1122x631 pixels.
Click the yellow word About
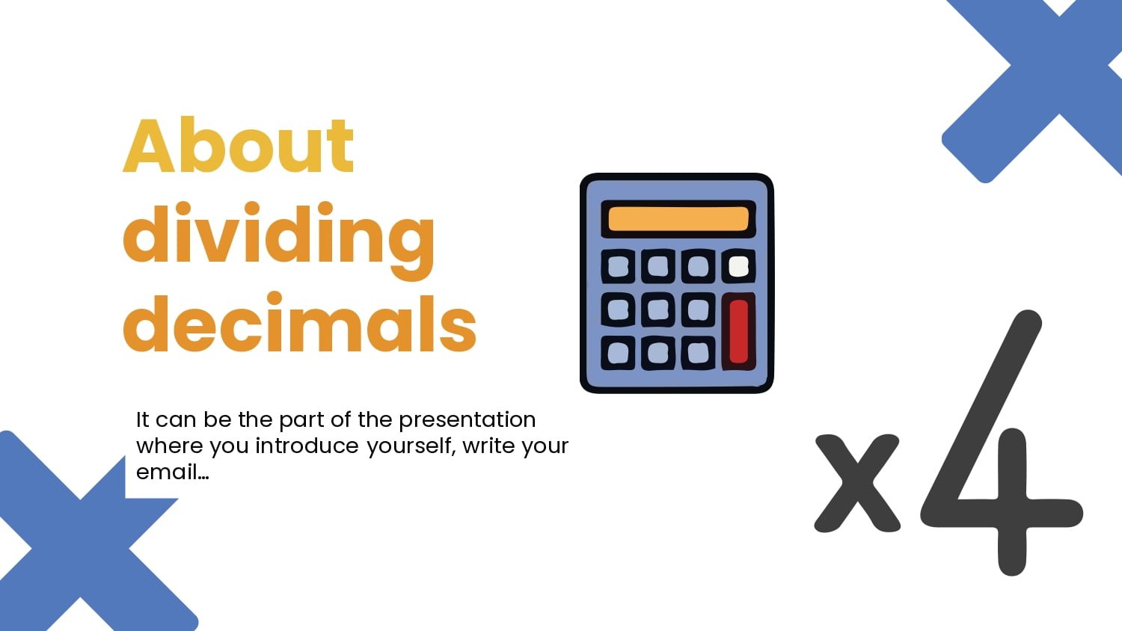(238, 146)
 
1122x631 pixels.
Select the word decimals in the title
(299, 324)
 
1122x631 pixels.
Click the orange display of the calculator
(678, 218)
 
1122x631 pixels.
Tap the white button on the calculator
(738, 266)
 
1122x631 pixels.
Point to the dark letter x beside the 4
(857, 483)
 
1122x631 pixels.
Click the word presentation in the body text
(467, 419)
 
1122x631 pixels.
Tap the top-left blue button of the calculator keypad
(618, 266)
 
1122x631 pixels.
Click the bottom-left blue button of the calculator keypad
(618, 353)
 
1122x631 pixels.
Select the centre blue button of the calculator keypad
(657, 310)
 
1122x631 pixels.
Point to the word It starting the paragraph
(142, 419)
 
